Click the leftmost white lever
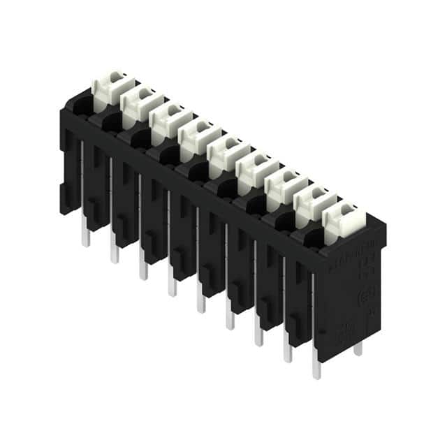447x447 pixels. point(108,87)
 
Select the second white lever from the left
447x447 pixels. point(138,103)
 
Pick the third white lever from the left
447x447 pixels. point(168,119)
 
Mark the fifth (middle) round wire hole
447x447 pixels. point(198,173)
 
